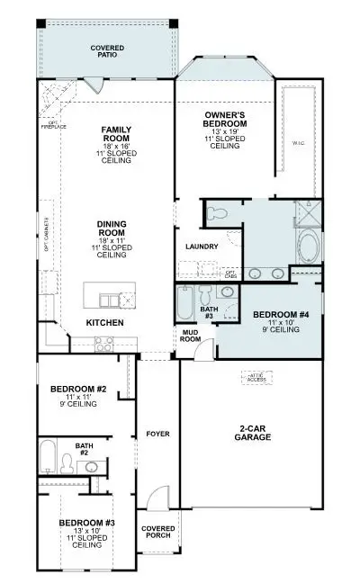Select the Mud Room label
coord(191,336)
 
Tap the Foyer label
coord(157,435)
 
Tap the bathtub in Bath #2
coord(48,457)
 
